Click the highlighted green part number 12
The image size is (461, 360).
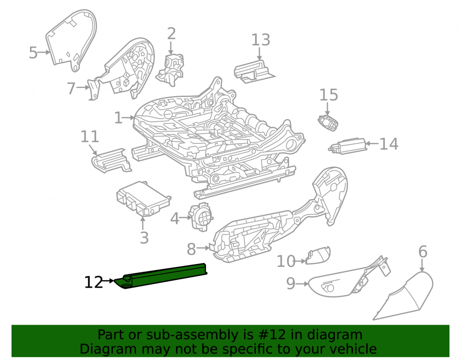tap(161, 276)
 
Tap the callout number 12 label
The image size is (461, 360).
tap(94, 283)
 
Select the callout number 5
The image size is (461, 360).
tap(33, 53)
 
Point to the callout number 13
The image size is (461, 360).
tap(260, 40)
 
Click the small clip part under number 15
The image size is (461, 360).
tap(328, 123)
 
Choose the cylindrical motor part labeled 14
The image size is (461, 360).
tap(348, 146)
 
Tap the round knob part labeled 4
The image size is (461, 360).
tap(201, 217)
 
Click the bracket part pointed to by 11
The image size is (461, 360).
tap(111, 160)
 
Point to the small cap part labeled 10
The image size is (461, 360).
tap(318, 255)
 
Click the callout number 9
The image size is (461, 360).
tap(291, 284)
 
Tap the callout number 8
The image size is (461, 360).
tap(191, 249)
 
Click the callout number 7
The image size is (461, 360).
tap(71, 88)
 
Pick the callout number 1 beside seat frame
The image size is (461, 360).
tap(118, 118)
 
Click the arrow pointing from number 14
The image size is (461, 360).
tap(372, 144)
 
